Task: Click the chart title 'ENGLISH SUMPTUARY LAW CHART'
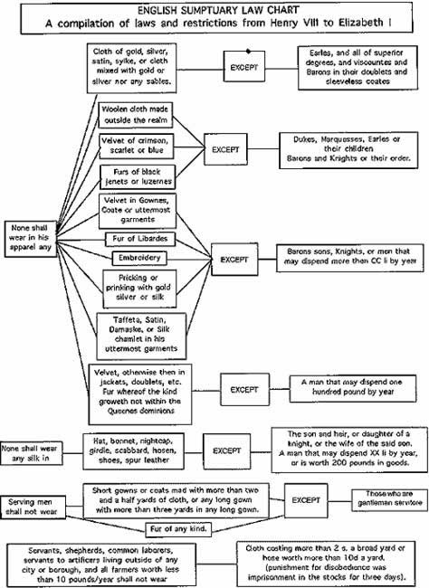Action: pos(214,9)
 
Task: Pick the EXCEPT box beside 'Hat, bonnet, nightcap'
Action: pos(231,449)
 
